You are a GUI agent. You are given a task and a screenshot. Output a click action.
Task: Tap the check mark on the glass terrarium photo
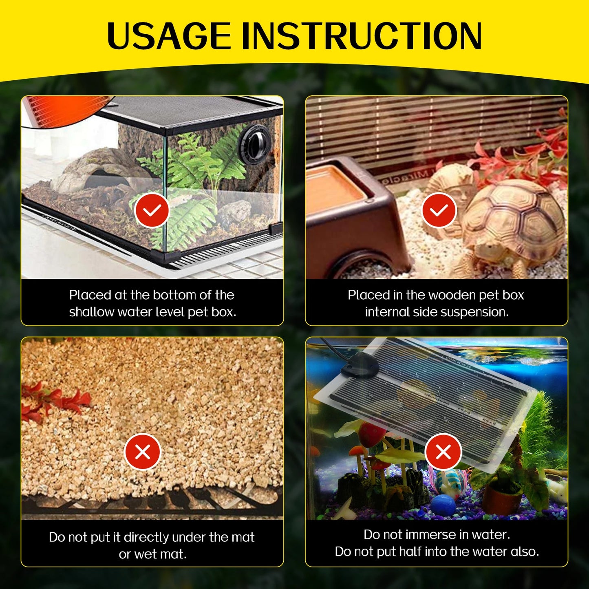point(152,210)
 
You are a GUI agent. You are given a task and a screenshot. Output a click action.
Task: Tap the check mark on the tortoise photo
point(439,210)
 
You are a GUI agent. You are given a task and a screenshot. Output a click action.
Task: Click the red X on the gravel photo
point(142,452)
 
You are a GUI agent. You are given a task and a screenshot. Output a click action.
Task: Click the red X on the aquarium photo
point(443,452)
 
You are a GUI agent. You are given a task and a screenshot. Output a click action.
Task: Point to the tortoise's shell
point(514,214)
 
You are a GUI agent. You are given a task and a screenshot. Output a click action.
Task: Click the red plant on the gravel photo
point(55,399)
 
